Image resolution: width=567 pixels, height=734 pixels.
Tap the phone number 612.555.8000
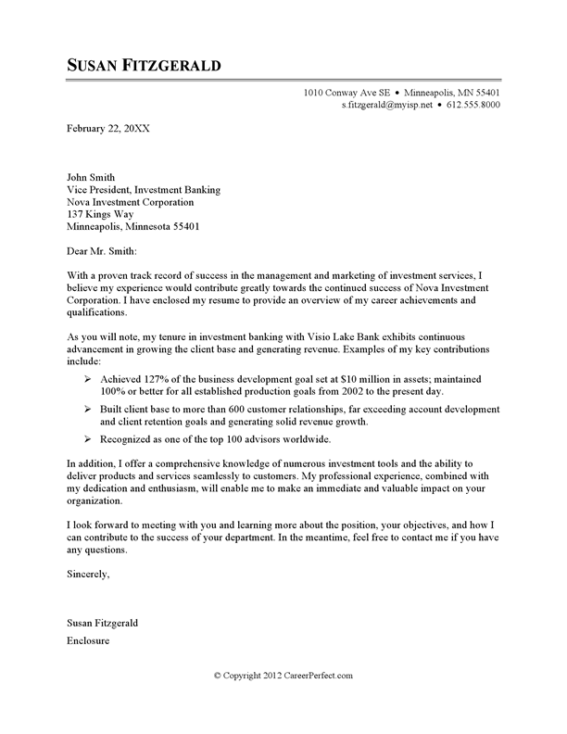click(x=471, y=107)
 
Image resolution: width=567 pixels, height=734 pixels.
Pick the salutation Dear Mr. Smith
click(x=102, y=250)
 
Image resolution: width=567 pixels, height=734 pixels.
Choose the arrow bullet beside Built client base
click(x=87, y=409)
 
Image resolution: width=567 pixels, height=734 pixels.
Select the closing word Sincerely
click(x=88, y=576)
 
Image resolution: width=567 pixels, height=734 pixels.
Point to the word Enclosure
click(x=91, y=640)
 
